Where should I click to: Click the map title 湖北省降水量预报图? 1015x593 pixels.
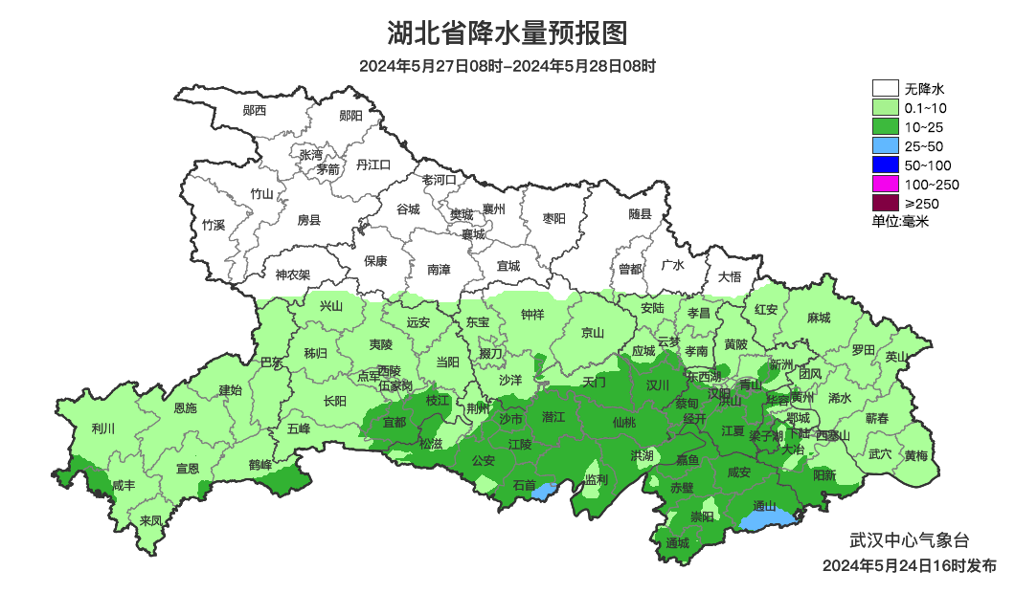coord(507,34)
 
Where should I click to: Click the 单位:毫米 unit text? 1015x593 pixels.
coord(900,222)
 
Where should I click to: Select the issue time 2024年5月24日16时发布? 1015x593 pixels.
coord(909,565)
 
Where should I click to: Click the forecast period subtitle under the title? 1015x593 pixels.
coord(507,67)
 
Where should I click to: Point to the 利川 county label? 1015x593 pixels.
coord(102,428)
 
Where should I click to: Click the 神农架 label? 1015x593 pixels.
coord(293,275)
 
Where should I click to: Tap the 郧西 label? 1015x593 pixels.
coord(255,111)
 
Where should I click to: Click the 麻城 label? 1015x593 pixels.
coord(818,318)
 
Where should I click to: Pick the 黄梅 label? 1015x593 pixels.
coord(915,455)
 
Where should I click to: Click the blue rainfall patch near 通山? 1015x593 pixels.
coord(769,520)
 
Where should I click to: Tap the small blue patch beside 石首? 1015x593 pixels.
coord(544,492)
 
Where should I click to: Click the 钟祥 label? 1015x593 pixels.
coord(532,315)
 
